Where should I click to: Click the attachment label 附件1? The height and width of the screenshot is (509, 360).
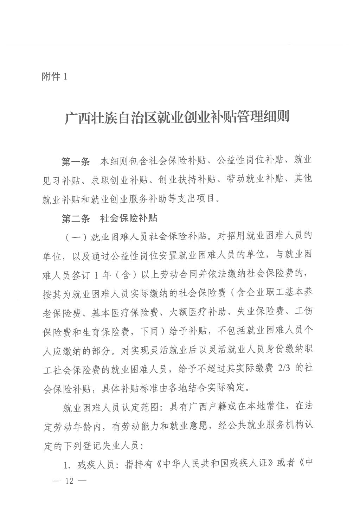[54, 77]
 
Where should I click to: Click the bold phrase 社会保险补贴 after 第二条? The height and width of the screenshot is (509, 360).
[129, 218]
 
